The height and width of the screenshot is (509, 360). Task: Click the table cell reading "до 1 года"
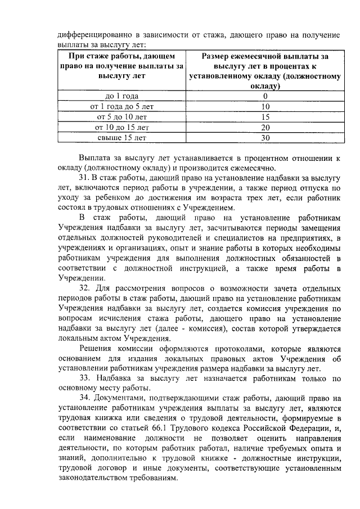(122, 96)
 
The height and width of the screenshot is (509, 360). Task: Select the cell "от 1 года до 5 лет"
(122, 106)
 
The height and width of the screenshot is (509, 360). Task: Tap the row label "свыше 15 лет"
(122, 137)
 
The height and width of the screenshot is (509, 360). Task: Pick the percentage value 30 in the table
(266, 137)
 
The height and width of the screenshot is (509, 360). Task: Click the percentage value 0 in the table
(266, 96)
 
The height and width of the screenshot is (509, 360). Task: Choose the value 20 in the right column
(266, 127)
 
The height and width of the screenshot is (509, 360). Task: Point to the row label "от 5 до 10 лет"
(122, 116)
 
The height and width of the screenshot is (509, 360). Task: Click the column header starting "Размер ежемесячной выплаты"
(266, 71)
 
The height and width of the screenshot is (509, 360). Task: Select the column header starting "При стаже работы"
(122, 66)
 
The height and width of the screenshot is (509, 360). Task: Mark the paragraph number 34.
(85, 399)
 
